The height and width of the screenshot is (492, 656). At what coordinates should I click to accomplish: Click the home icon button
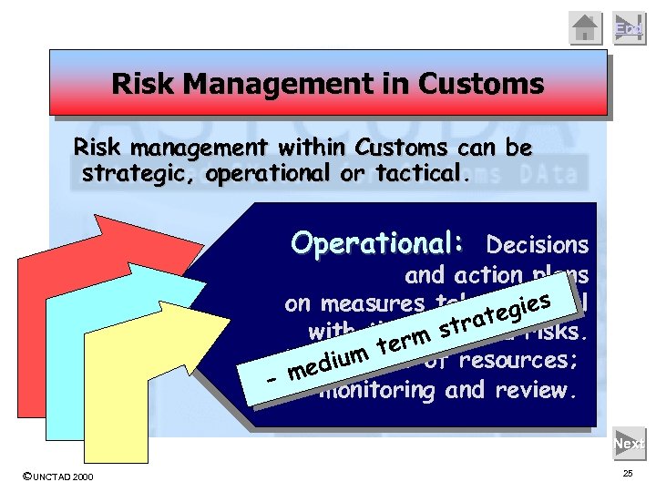pyautogui.click(x=586, y=28)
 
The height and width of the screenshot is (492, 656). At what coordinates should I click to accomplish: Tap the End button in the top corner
pyautogui.click(x=628, y=28)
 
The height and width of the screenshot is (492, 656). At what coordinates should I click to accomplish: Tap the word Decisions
pyautogui.click(x=538, y=245)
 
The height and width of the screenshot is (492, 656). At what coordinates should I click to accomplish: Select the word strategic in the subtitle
pyautogui.click(x=136, y=173)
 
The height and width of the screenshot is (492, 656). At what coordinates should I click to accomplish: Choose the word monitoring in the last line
pyautogui.click(x=378, y=390)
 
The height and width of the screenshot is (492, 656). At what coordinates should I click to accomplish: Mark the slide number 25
pyautogui.click(x=627, y=475)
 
